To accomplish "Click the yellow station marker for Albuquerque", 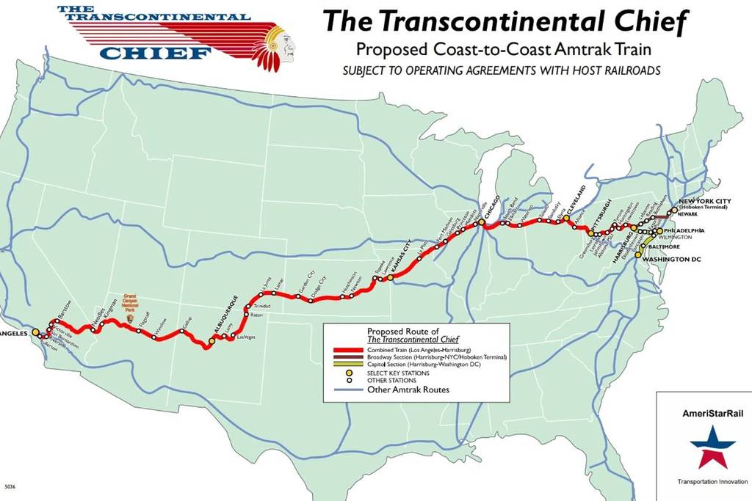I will click(x=212, y=340).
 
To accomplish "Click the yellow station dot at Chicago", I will click(x=482, y=222).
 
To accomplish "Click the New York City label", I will click(x=705, y=201).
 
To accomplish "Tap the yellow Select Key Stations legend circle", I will click(x=350, y=373).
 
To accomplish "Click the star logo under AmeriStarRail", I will click(x=712, y=447).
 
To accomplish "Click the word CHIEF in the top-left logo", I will click(x=155, y=52).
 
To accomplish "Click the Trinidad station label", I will click(x=261, y=304).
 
